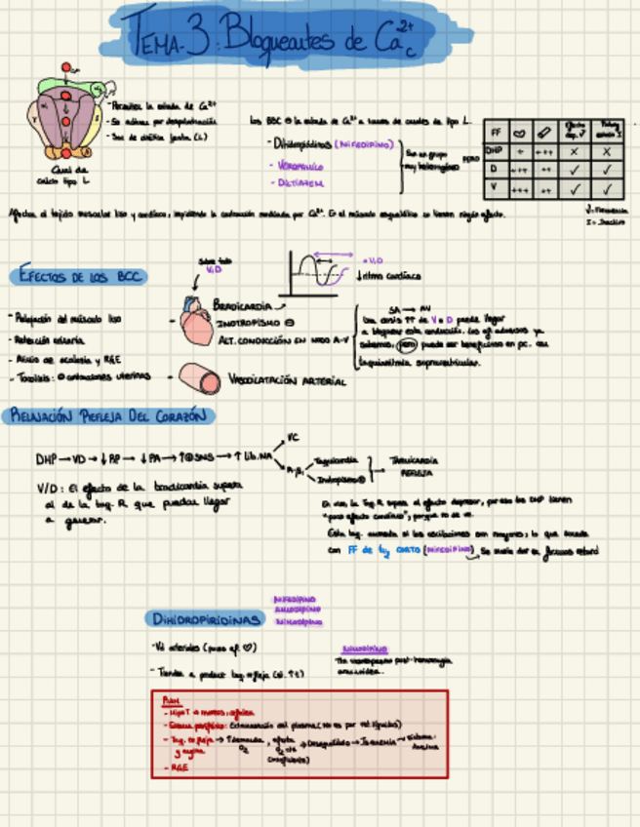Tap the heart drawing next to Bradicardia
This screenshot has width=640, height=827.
[196, 321]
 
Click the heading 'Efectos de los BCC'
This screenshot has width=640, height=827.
[81, 277]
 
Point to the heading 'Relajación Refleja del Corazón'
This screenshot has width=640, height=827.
[108, 415]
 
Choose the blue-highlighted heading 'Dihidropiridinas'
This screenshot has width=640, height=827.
[208, 619]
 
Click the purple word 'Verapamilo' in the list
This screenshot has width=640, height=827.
[294, 165]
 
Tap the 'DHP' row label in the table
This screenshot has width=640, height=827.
[494, 151]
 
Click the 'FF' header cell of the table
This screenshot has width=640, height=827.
[495, 131]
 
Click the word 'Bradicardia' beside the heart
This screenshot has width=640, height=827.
[243, 305]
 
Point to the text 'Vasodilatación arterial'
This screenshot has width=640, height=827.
[287, 380]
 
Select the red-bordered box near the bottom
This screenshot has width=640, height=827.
[300, 733]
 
